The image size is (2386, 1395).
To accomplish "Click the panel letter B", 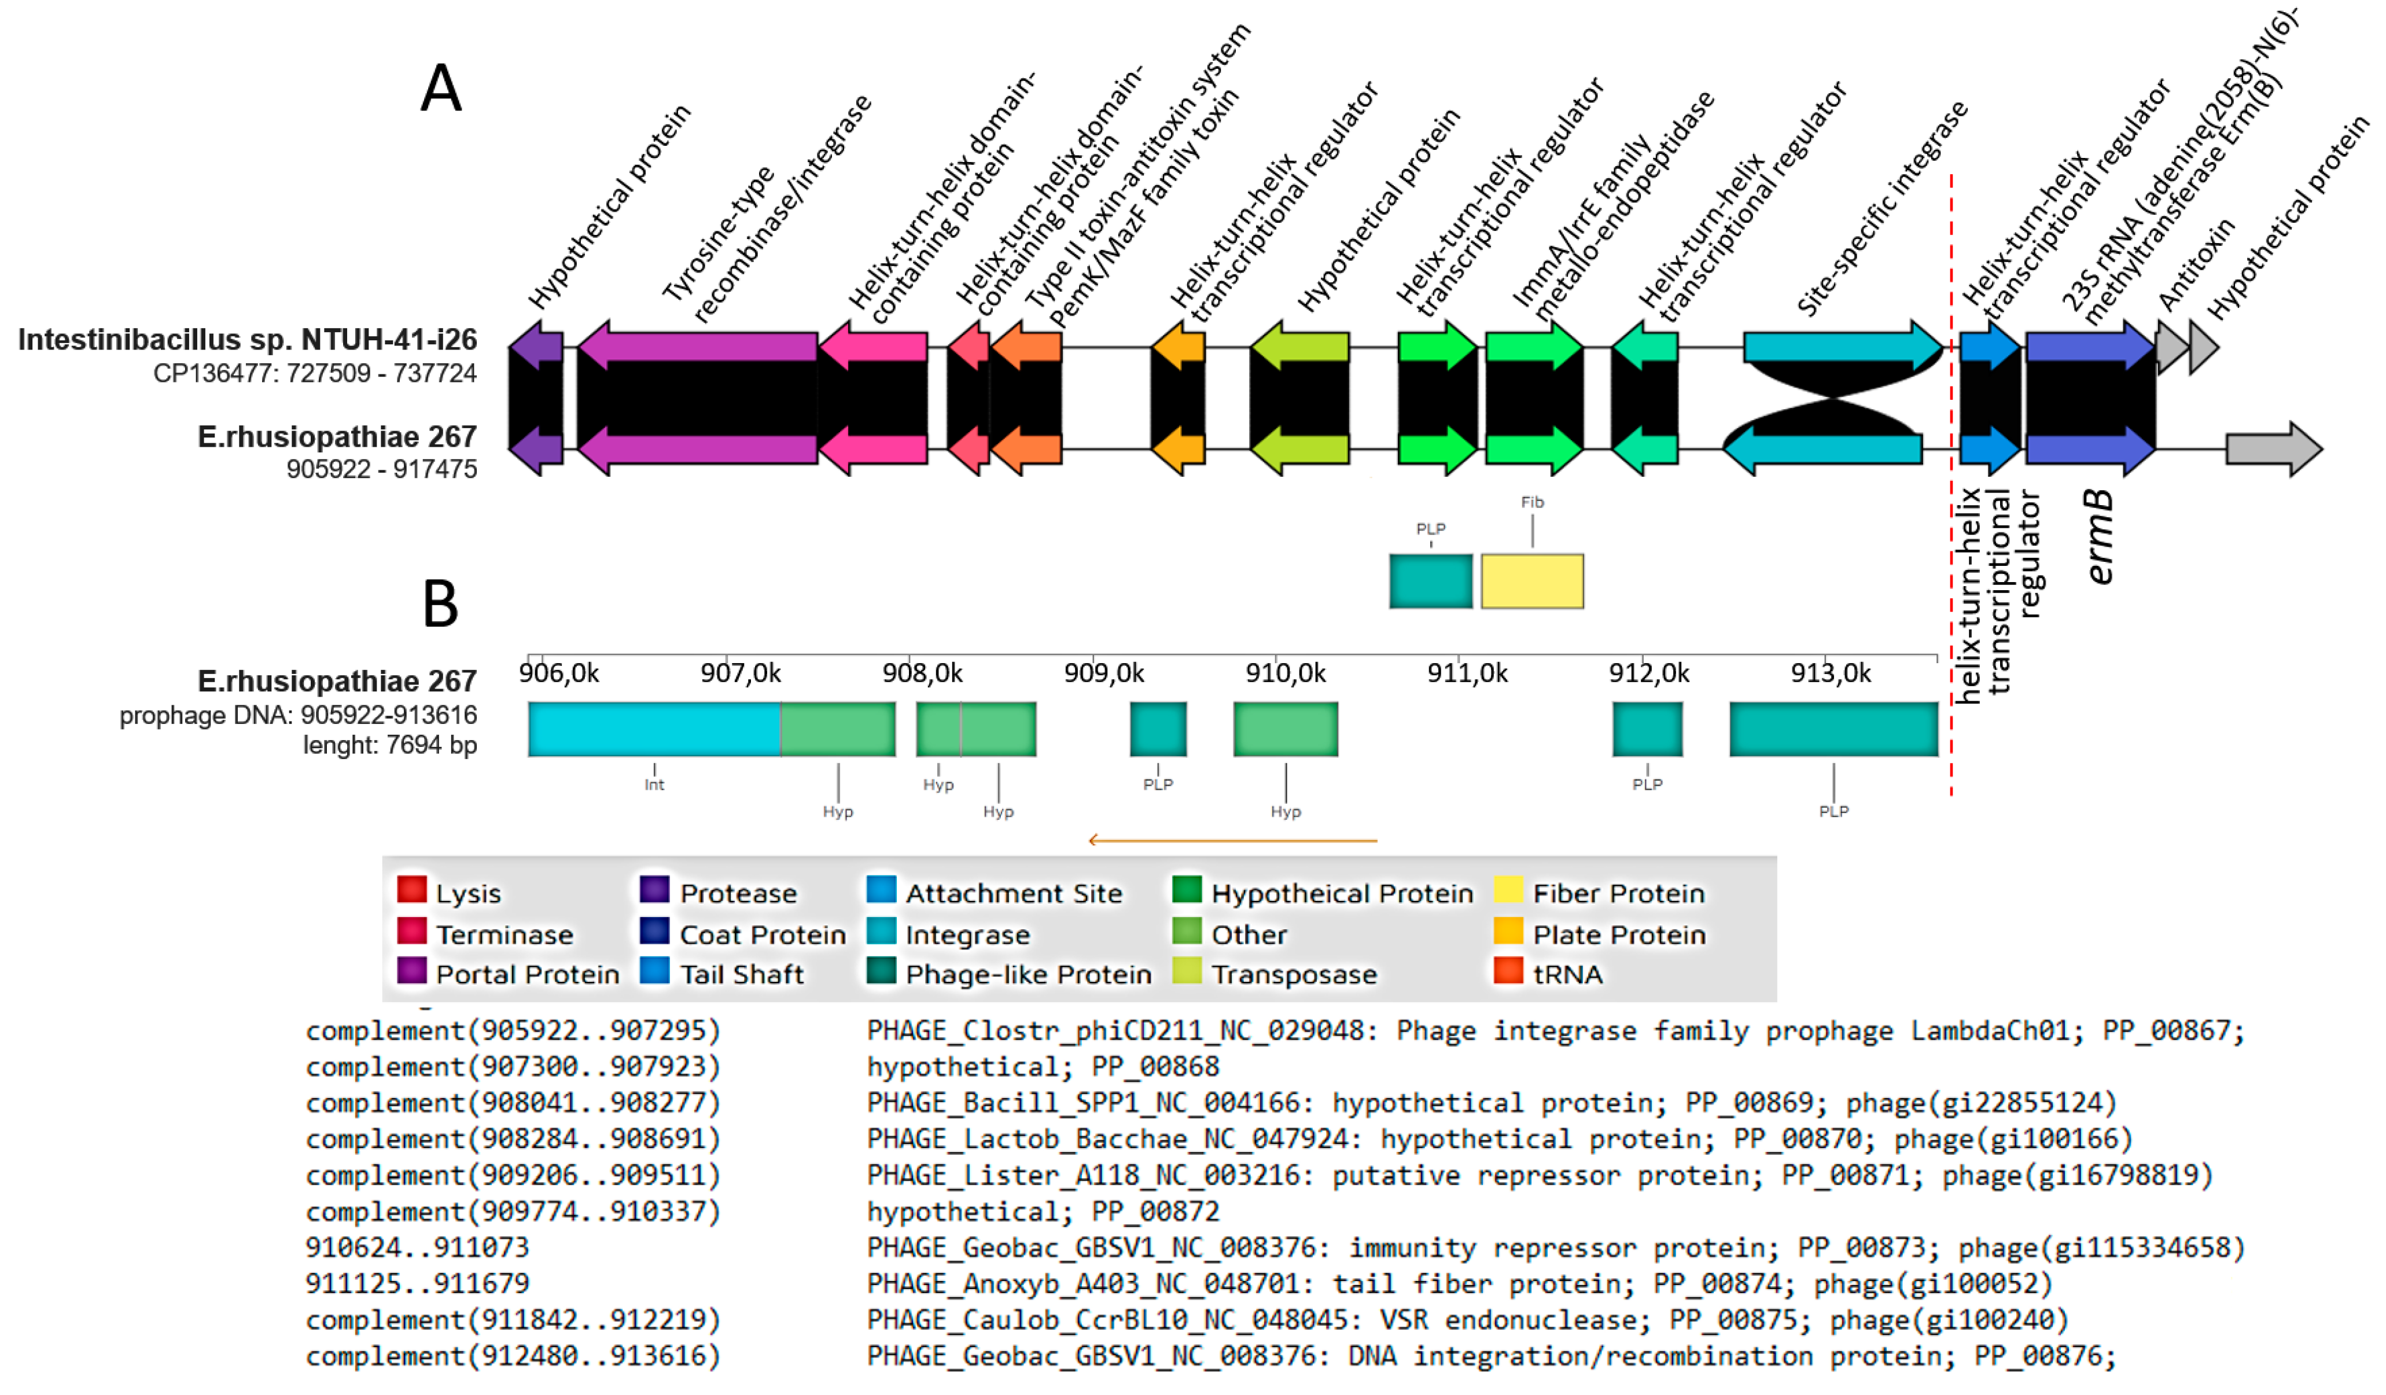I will tap(440, 603).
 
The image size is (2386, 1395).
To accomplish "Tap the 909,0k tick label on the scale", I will tap(1104, 673).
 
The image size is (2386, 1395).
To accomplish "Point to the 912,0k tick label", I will tap(1648, 673).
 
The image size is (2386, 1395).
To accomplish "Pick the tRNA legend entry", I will tap(1567, 974).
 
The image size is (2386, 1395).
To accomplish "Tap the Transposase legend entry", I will tap(1293, 974).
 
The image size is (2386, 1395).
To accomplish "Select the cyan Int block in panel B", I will tap(653, 729).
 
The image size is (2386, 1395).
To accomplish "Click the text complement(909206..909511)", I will tap(512, 1175).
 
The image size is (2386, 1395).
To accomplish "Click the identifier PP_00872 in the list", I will tap(1155, 1211).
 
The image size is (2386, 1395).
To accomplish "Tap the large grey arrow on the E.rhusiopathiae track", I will tap(2273, 449).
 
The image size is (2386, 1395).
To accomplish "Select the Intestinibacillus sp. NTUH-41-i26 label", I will tap(247, 339).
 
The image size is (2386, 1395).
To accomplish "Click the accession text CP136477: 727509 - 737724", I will tap(314, 373).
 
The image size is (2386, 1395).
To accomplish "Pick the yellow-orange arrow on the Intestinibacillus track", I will tap(1178, 347).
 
